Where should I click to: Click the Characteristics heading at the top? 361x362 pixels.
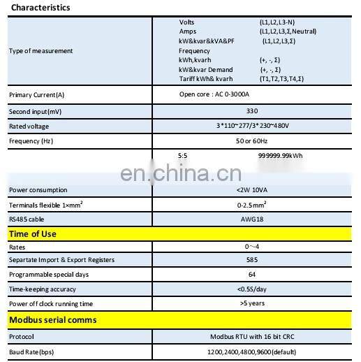[x=40, y=8]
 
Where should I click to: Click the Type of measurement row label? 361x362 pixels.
[x=40, y=51]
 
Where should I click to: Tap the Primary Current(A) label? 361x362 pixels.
[x=36, y=95]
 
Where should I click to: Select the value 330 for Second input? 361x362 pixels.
[x=252, y=111]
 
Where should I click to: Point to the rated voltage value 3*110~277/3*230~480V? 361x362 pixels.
[x=252, y=126]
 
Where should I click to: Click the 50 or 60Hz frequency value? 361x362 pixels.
[x=252, y=140]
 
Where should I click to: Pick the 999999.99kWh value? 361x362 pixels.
[x=280, y=156]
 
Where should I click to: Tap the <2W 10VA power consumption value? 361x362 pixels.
[x=252, y=190]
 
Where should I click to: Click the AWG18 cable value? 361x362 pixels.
[x=252, y=219]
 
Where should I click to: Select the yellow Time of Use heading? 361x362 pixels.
[x=33, y=234]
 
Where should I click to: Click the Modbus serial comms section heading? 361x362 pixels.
[x=53, y=320]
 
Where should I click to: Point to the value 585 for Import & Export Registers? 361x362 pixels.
[x=252, y=260]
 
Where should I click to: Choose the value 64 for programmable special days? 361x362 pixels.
[x=252, y=275]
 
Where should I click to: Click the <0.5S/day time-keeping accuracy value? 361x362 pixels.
[x=252, y=289]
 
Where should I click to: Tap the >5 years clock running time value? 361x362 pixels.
[x=252, y=303]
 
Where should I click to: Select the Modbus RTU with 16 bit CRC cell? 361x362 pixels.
[x=252, y=335]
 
